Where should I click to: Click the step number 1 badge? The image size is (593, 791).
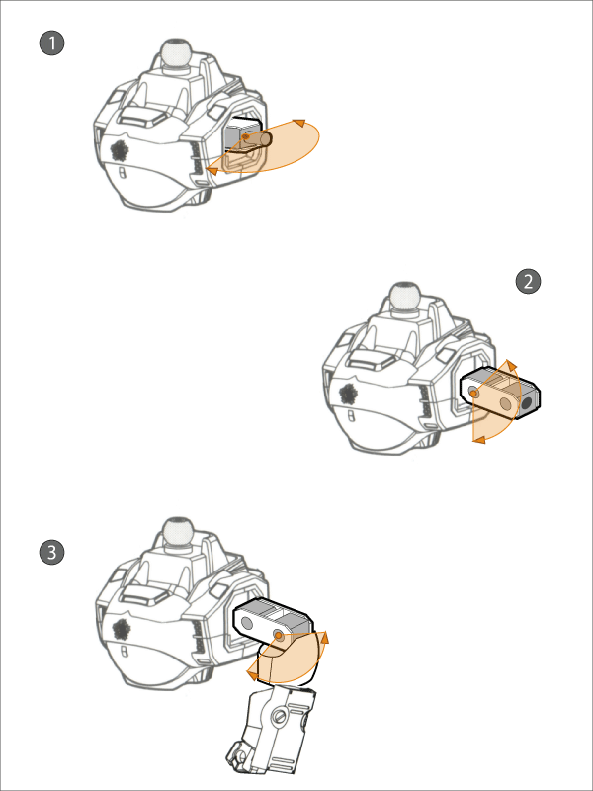(x=51, y=44)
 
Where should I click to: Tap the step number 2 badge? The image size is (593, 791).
(x=528, y=282)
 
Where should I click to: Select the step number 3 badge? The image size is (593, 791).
(x=51, y=553)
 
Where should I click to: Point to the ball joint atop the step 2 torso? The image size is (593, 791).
(x=405, y=296)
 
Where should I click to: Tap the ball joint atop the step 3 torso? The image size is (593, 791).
(x=177, y=531)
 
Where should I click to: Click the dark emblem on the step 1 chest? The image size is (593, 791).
(x=120, y=151)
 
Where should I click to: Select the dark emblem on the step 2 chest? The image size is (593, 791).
(x=349, y=394)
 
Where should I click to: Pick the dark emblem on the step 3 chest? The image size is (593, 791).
(x=121, y=630)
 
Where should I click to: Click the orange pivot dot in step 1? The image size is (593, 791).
(x=245, y=136)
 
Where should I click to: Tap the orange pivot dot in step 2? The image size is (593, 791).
(x=473, y=394)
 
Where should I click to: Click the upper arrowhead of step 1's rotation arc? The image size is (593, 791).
(x=299, y=123)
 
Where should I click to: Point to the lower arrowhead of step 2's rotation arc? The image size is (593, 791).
(x=479, y=440)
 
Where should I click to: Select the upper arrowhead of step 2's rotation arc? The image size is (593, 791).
(x=511, y=366)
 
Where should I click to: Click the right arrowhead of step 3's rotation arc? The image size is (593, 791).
(x=324, y=637)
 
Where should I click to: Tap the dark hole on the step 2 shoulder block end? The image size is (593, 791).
(x=527, y=403)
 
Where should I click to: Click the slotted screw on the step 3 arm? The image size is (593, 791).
(x=279, y=716)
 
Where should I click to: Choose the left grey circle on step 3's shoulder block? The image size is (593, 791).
(x=246, y=624)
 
